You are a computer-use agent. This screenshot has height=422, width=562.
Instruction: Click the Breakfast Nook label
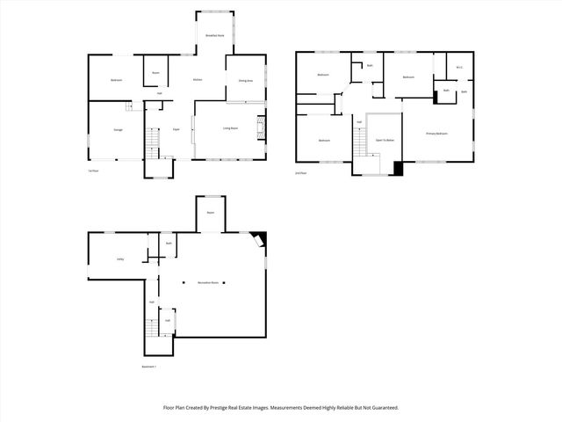pyautogui.click(x=213, y=36)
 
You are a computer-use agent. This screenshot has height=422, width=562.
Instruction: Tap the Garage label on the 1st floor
pyautogui.click(x=117, y=130)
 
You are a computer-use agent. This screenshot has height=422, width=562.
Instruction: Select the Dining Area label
pyautogui.click(x=246, y=80)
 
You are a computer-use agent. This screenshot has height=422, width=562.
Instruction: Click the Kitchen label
pyautogui.click(x=198, y=80)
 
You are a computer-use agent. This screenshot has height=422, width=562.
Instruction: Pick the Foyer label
pyautogui.click(x=177, y=129)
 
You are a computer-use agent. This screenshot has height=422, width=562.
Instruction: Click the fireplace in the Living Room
pyautogui.click(x=261, y=128)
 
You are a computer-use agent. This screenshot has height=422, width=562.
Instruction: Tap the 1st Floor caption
pyautogui.click(x=92, y=171)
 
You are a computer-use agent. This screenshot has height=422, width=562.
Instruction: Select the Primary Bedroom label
pyautogui.click(x=436, y=134)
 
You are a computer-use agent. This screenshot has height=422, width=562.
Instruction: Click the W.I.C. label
pyautogui.click(x=459, y=68)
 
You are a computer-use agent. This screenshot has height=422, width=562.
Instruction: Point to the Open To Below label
pyautogui.click(x=385, y=140)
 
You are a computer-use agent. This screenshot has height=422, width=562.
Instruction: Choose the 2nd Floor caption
pyautogui.click(x=300, y=173)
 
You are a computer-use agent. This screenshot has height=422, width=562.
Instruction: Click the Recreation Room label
pyautogui.click(x=207, y=283)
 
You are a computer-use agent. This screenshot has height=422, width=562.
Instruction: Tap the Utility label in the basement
pyautogui.click(x=119, y=258)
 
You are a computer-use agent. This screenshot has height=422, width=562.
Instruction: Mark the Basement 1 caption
pyautogui.click(x=148, y=367)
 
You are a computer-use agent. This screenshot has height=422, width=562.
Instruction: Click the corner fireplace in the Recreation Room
pyautogui.click(x=257, y=239)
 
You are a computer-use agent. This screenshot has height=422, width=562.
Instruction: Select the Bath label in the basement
pyautogui.click(x=168, y=244)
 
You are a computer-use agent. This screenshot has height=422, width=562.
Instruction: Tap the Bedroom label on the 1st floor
pyautogui.click(x=116, y=80)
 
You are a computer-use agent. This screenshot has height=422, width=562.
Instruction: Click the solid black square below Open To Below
pyautogui.click(x=399, y=169)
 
